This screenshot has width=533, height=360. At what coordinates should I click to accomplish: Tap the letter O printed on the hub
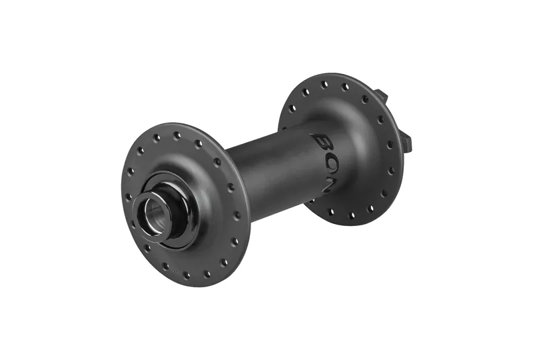(328, 162)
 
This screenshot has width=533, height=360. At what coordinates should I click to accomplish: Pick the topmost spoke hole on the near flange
(177, 135)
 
